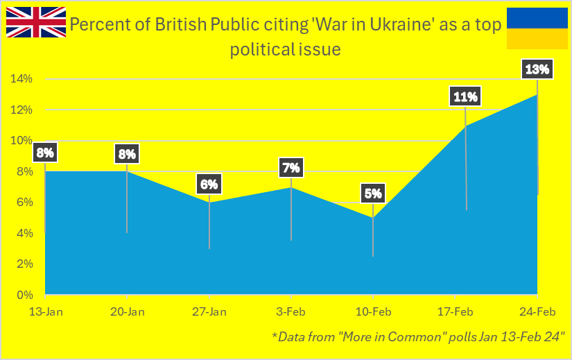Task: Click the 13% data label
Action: (x=537, y=69)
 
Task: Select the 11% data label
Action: (x=465, y=96)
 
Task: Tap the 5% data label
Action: (x=373, y=193)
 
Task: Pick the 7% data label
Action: (x=291, y=168)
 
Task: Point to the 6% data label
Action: (x=209, y=184)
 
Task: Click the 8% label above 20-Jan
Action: (x=127, y=154)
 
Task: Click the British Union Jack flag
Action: (x=36, y=22)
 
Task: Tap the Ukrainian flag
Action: (x=537, y=28)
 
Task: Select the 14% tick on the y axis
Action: (x=21, y=78)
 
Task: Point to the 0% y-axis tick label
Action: (x=25, y=295)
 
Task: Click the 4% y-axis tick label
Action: (x=25, y=233)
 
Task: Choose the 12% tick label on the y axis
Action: (x=21, y=110)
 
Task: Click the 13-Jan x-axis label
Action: (x=46, y=312)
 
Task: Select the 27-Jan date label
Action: (x=209, y=312)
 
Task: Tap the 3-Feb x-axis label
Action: (x=291, y=312)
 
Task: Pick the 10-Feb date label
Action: (x=373, y=312)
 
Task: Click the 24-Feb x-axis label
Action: (x=537, y=312)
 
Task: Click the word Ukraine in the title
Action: (x=401, y=24)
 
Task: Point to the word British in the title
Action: (x=181, y=24)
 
